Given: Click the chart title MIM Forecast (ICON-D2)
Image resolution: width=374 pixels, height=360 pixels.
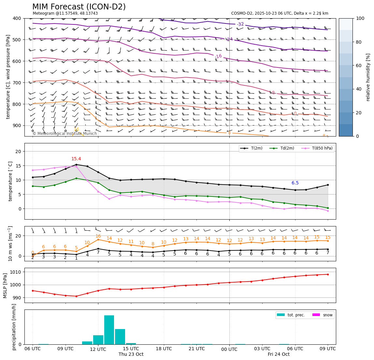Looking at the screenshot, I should pos(79,7).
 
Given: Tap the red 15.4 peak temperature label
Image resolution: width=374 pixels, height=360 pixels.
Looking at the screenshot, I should pos(76,159).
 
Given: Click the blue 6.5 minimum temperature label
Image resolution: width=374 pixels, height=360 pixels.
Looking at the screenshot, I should pos(295,183).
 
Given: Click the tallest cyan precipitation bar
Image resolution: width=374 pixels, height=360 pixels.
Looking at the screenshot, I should pos(109,329).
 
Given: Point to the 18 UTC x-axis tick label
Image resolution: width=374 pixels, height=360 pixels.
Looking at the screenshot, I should pos(164,349).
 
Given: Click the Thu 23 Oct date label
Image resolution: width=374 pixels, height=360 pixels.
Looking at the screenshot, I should pos(131,354).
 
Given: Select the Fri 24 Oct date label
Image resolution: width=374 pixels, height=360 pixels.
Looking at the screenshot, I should pos(279,354).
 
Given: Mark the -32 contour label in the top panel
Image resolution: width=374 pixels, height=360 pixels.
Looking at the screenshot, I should pos(240,24).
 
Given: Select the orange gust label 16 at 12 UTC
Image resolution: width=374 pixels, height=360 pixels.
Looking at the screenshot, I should pos(98,236).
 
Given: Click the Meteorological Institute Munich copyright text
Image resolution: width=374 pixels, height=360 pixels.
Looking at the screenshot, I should pos(65,134).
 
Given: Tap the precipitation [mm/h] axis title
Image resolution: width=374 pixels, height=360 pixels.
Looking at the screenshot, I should pos(14,327).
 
